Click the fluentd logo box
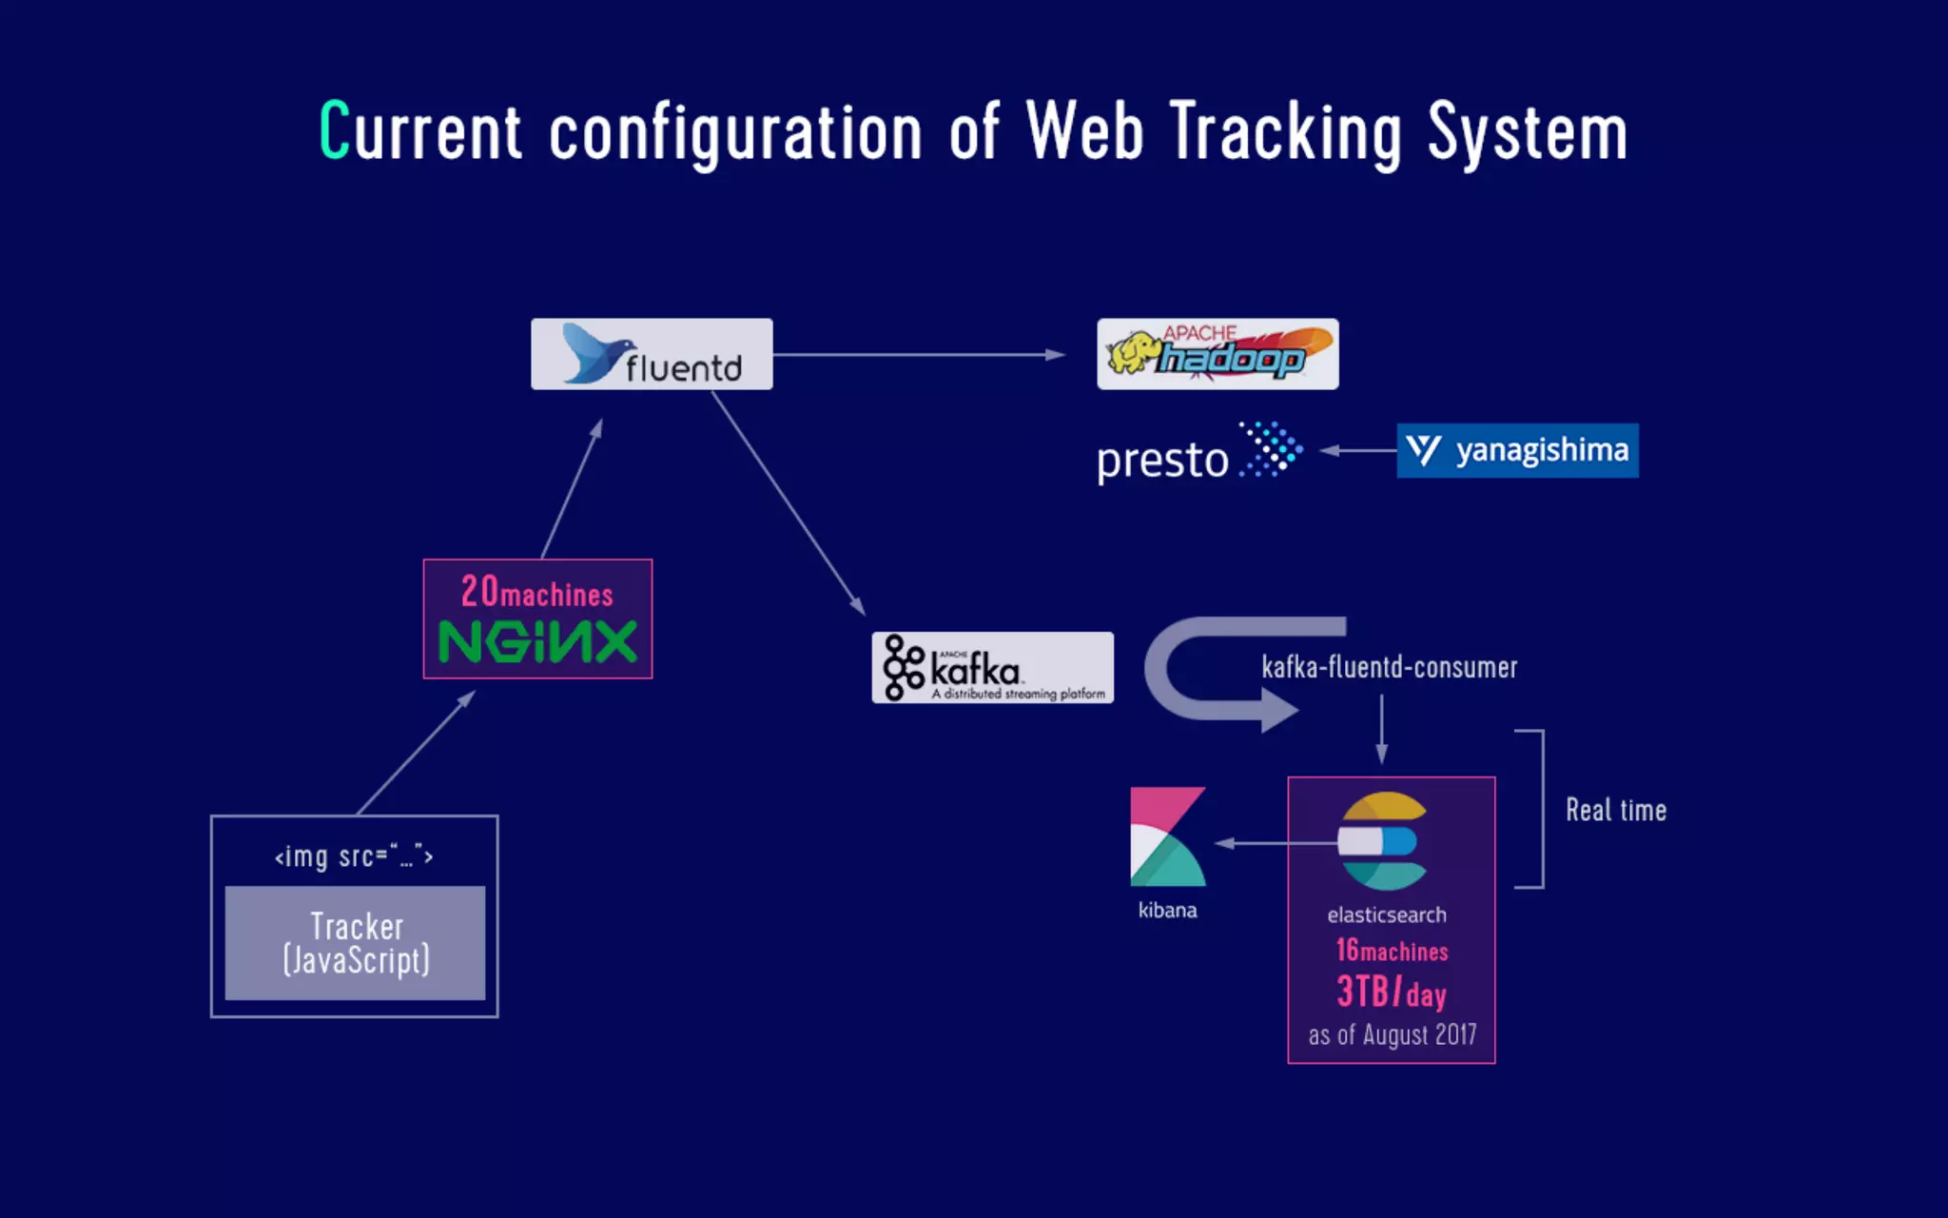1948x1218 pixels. point(652,354)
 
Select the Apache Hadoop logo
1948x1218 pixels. point(1217,354)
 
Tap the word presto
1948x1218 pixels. point(1162,461)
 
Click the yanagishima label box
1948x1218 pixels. point(1517,450)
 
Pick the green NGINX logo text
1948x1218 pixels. point(537,642)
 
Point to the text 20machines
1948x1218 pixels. point(537,592)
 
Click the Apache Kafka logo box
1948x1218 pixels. point(992,668)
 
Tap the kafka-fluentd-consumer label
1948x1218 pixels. point(1389,667)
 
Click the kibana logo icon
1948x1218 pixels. point(1167,836)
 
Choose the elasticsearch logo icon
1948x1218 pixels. point(1384,841)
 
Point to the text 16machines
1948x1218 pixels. point(1392,950)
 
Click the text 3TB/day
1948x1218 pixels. point(1392,992)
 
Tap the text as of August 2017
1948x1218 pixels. point(1392,1035)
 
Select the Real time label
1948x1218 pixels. point(1616,811)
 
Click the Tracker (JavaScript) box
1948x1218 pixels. point(355,943)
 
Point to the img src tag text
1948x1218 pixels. point(354,856)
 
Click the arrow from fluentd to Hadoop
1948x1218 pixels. point(918,355)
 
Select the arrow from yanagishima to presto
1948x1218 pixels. point(1358,451)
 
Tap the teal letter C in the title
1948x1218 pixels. point(334,130)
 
